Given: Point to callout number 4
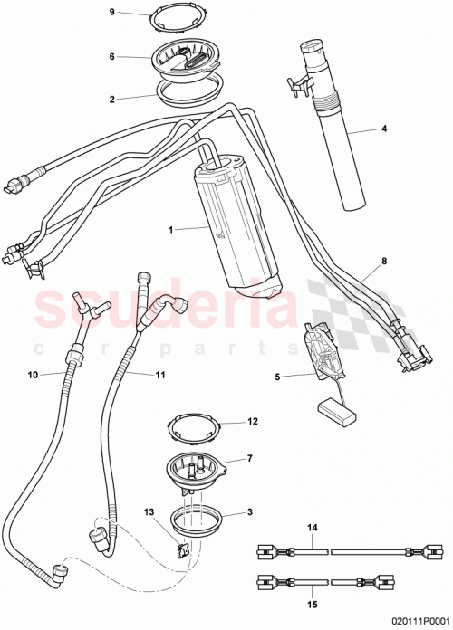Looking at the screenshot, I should tap(383, 129).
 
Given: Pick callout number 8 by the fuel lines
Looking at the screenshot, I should tap(383, 261).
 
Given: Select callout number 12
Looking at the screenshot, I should tap(254, 422).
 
